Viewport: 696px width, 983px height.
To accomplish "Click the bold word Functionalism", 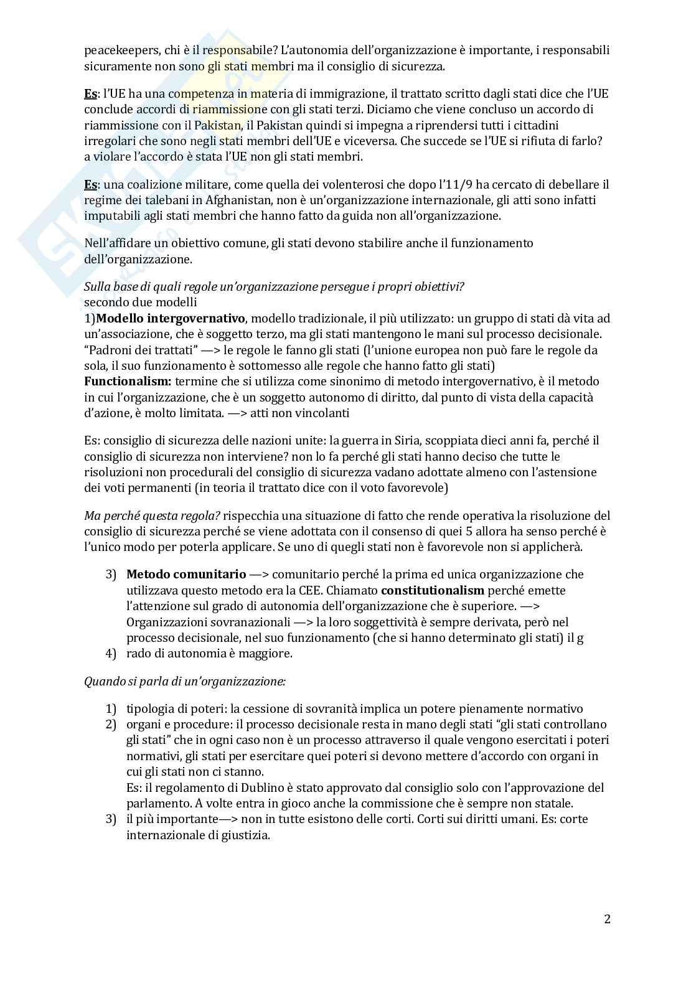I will click(x=128, y=381).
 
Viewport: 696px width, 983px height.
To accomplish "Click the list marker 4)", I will click(x=111, y=654).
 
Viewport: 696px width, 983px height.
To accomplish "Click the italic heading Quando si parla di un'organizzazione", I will click(x=185, y=681).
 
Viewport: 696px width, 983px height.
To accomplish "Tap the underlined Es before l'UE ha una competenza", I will click(x=90, y=94).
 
